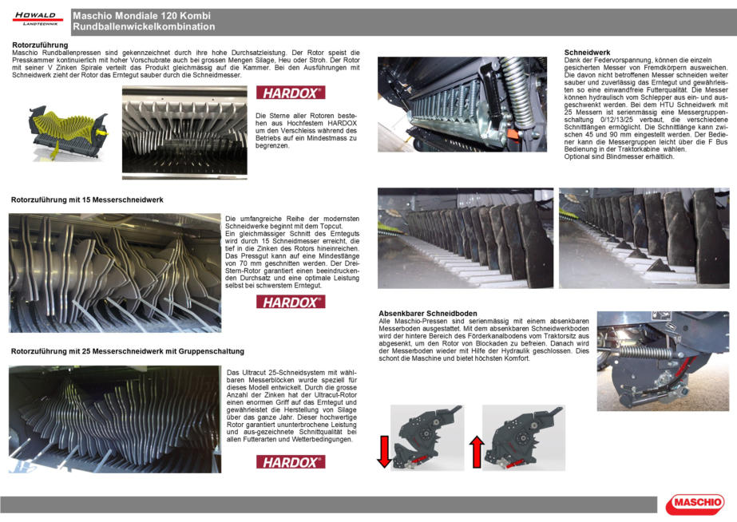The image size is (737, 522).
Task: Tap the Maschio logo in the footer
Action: click(x=694, y=503)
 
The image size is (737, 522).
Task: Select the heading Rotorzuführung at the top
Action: click(x=41, y=45)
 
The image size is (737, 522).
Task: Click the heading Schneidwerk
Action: click(x=587, y=52)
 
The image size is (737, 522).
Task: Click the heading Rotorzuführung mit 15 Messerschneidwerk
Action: click(x=86, y=200)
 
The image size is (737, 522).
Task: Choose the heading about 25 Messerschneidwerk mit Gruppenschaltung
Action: click(x=128, y=351)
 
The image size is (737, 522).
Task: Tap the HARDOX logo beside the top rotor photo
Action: click(x=291, y=93)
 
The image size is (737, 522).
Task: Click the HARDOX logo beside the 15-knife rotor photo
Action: click(x=291, y=302)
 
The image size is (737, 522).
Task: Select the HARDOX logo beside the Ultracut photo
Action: click(x=291, y=461)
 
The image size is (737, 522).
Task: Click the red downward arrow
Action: click(x=384, y=451)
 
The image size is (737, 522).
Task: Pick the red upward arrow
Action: click(x=477, y=452)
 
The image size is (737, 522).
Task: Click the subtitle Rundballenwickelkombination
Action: click(x=144, y=27)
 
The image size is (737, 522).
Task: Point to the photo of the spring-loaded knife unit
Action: click(x=466, y=104)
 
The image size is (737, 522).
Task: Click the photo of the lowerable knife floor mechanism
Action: click(x=662, y=361)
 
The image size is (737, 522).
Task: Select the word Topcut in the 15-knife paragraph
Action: click(x=307, y=226)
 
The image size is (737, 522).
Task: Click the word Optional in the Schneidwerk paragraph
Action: click(x=580, y=156)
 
